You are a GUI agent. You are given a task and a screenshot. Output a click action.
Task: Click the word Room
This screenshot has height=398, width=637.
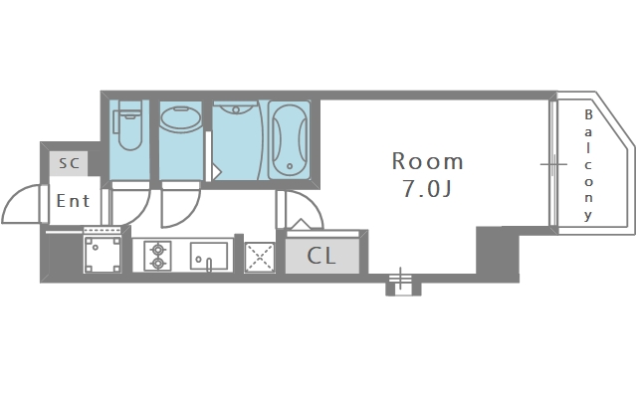click(x=427, y=161)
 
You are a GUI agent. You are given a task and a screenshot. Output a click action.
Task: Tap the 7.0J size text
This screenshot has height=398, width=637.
click(x=427, y=190)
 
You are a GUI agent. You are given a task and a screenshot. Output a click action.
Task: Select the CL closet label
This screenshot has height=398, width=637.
click(x=320, y=256)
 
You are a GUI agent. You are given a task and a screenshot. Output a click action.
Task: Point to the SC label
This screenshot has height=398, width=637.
click(x=69, y=162)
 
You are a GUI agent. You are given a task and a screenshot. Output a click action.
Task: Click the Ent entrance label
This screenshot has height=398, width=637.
click(x=73, y=200)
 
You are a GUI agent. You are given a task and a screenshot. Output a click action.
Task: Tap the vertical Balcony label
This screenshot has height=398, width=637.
click(x=588, y=165)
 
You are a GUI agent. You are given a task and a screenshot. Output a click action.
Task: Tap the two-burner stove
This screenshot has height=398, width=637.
click(x=157, y=257)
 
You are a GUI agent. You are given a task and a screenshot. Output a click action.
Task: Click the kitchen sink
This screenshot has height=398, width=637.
click(x=209, y=257)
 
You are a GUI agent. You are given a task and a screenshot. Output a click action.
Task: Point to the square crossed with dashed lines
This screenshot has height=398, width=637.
click(x=259, y=257)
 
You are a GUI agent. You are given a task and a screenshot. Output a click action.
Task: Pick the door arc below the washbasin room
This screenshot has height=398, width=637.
click(x=181, y=207)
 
